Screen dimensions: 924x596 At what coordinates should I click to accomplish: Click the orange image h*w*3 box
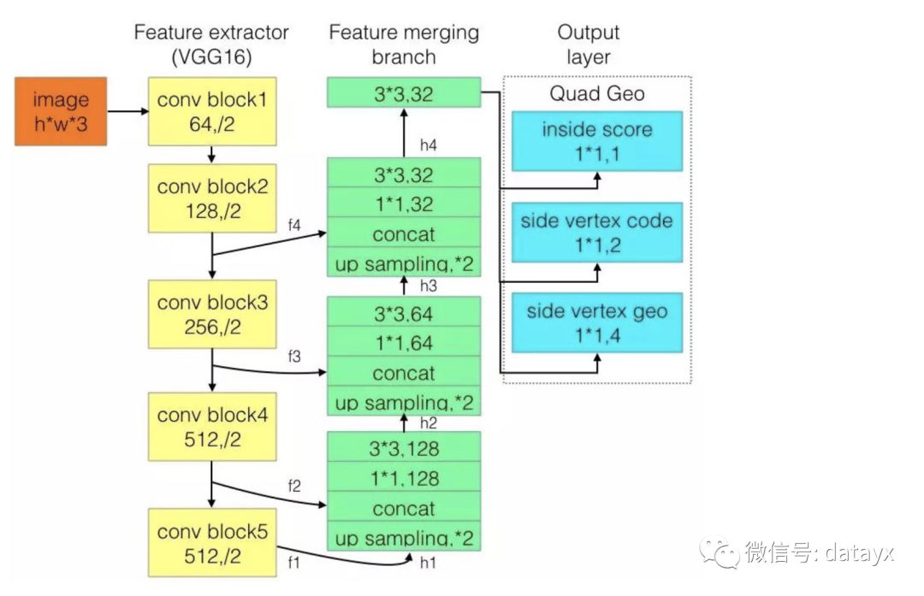[x=61, y=111]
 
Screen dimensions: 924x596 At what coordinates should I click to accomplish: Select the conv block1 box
[x=212, y=111]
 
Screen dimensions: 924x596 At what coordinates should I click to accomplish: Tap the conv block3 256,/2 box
[x=212, y=315]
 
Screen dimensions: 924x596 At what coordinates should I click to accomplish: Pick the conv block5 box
[x=212, y=543]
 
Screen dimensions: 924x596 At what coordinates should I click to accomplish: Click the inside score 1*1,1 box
[x=597, y=141]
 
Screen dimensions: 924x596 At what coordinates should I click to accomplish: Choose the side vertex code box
[x=597, y=233]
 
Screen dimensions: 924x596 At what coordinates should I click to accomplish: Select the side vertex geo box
[x=597, y=322]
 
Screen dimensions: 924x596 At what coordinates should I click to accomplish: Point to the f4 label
[x=294, y=225]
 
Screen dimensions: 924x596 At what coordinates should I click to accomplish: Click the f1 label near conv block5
[x=293, y=563]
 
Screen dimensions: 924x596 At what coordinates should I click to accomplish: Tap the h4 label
[x=429, y=145]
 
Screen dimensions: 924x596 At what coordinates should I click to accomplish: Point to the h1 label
[x=428, y=563]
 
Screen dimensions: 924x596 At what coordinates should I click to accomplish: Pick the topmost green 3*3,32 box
[x=404, y=92]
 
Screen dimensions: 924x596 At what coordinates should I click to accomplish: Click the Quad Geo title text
[x=597, y=94]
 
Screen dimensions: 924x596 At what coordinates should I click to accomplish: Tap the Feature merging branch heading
[x=404, y=44]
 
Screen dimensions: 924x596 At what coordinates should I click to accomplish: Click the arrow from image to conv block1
[x=127, y=110]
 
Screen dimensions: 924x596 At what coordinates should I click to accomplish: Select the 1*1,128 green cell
[x=404, y=477]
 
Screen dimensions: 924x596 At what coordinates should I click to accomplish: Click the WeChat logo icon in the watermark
[x=720, y=552]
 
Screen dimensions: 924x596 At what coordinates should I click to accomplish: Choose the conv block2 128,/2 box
[x=212, y=198]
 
